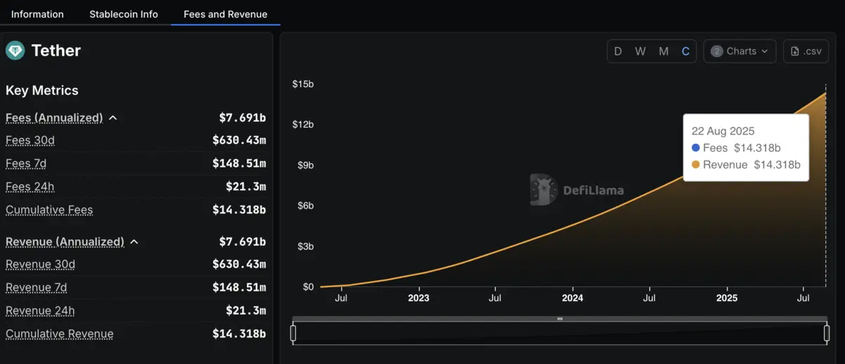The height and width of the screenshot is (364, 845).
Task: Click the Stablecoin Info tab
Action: click(x=123, y=14)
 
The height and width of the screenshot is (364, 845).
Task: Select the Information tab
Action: click(x=37, y=14)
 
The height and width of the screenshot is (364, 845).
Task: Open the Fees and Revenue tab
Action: click(x=225, y=14)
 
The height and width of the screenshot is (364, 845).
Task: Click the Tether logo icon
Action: click(x=15, y=51)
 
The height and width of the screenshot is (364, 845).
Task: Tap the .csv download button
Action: click(x=806, y=51)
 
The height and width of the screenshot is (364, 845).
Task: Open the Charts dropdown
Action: click(x=739, y=51)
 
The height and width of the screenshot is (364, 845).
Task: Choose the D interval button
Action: click(x=618, y=51)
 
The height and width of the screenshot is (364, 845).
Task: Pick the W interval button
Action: click(x=640, y=51)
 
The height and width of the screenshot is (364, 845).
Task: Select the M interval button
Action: click(x=663, y=51)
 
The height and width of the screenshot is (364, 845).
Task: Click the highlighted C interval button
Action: click(x=685, y=51)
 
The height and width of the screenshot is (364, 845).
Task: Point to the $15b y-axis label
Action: click(x=303, y=84)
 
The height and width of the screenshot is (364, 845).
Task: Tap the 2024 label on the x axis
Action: click(x=572, y=298)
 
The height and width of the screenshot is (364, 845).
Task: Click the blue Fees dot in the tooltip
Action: click(x=696, y=148)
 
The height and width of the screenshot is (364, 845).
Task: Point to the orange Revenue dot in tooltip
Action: click(x=696, y=165)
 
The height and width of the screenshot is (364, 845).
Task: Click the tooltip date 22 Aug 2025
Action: click(x=722, y=131)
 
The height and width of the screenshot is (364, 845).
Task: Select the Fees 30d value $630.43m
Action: click(x=239, y=141)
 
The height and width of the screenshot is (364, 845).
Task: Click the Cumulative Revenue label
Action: click(x=59, y=334)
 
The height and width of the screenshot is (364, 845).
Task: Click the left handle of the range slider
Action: click(x=294, y=333)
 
